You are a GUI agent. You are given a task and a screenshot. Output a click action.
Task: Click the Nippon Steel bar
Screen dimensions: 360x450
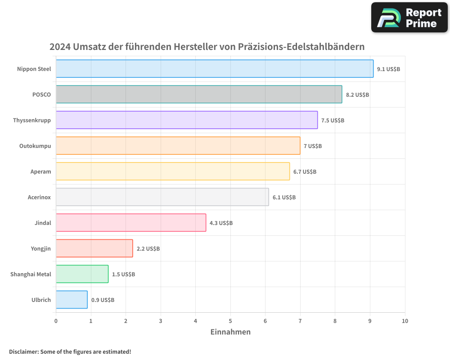point(215,69)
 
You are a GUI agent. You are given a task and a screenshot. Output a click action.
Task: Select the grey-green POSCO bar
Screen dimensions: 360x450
point(199,94)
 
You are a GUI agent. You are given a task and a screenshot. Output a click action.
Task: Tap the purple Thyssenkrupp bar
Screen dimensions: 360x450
point(187,120)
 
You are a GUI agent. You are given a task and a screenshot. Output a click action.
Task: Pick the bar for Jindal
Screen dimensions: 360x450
point(131,223)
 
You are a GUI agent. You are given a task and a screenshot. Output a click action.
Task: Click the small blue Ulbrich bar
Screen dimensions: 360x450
point(72,300)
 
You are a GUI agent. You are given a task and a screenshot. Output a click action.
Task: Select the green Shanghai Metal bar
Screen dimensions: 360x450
point(82,274)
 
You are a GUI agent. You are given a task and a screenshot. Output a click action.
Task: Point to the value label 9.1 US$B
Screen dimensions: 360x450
point(388,69)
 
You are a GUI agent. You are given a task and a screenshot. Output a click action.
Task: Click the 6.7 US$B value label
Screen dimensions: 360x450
point(305,172)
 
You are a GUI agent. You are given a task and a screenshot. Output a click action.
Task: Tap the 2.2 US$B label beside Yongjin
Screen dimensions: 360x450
point(148,249)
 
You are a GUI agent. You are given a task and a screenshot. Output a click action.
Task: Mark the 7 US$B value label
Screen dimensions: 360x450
point(313,146)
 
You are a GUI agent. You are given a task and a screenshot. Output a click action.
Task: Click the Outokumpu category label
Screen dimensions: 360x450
point(35,146)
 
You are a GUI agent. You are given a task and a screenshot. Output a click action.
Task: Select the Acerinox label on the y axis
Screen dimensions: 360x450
point(39,198)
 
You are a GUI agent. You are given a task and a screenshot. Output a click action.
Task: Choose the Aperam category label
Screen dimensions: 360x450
point(41,172)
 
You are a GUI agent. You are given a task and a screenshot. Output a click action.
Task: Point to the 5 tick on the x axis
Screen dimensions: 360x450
point(230,321)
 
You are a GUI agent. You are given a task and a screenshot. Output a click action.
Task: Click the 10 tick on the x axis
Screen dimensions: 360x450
point(405,321)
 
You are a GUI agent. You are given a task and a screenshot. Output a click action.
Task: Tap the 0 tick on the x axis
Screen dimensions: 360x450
point(56,321)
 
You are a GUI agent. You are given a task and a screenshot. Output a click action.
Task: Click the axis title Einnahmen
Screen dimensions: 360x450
point(230,332)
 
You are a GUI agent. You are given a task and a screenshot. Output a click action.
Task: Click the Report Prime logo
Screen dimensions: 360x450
point(409,18)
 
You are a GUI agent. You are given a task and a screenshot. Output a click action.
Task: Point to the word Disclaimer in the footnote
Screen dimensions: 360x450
point(23,352)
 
